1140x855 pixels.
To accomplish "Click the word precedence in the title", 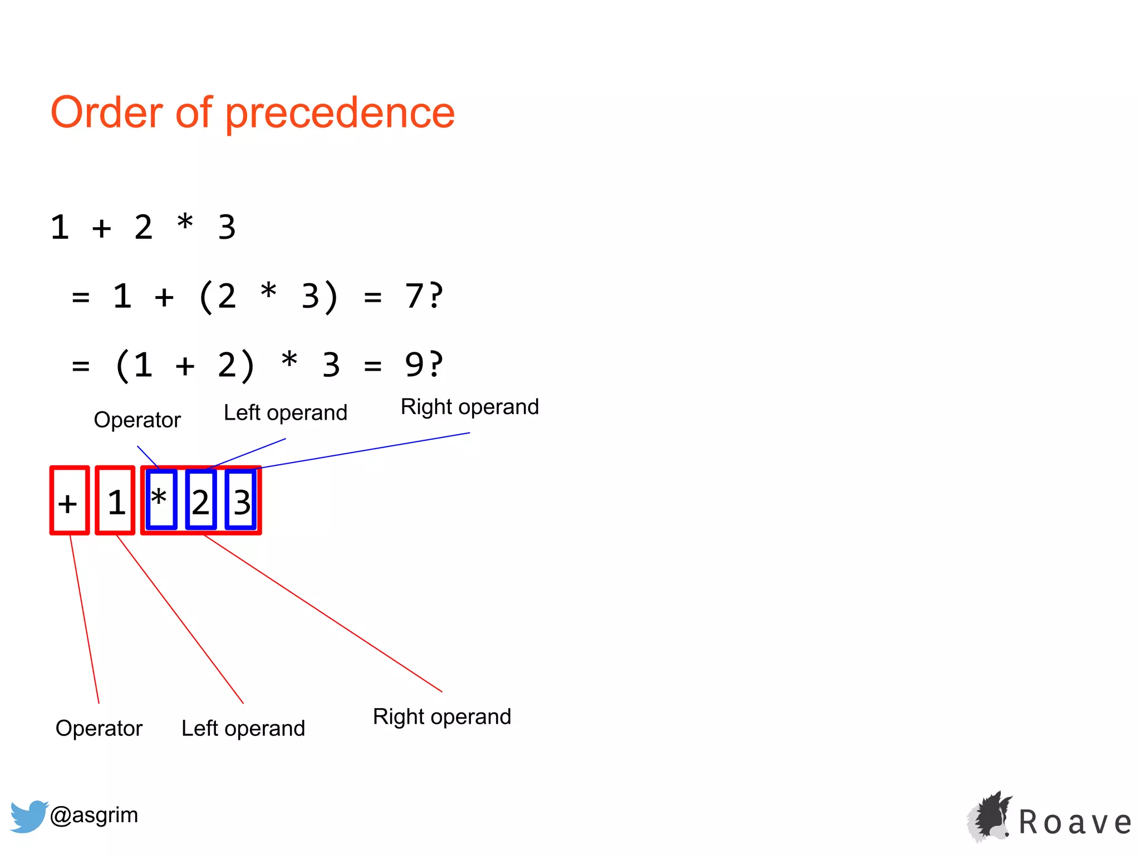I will coord(340,113).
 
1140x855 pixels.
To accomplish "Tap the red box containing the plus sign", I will coord(70,500).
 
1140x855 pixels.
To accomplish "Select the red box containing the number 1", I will coord(115,500).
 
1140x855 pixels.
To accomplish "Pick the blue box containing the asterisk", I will coord(161,499).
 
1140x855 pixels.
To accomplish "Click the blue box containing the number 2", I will coord(201,500).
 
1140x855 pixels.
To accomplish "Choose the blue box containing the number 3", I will coord(241,500).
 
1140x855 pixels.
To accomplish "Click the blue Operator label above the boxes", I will coord(137,420).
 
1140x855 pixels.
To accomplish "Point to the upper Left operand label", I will coord(285,413).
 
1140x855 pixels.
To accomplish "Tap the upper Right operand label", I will coord(469,407).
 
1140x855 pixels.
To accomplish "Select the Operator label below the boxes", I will coord(99,728).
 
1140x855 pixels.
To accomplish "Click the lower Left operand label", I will coord(243,728).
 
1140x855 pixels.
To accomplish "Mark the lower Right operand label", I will coord(442,716).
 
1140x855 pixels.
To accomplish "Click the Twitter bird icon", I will coord(29,816).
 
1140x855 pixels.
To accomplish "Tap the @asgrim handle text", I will coord(94,815).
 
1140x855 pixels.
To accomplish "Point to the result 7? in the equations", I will coord(424,296).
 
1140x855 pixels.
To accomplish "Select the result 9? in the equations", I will coord(424,365).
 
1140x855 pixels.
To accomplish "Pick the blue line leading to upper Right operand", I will coord(365,450).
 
